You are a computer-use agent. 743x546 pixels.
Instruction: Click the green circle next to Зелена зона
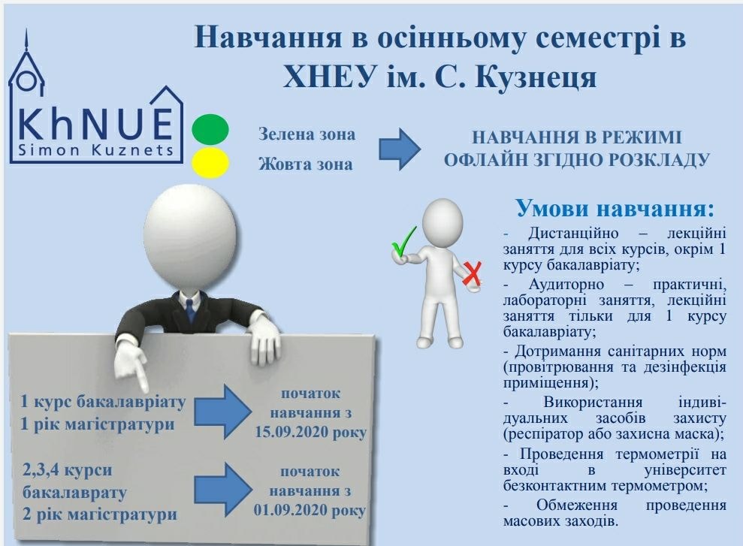click(x=210, y=129)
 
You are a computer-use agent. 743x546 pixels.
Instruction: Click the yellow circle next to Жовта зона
click(x=210, y=162)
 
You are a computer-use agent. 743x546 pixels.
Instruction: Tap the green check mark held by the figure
click(x=403, y=242)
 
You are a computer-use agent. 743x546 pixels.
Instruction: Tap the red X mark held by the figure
click(x=472, y=274)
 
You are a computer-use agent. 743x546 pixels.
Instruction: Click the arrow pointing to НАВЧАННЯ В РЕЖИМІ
click(x=399, y=149)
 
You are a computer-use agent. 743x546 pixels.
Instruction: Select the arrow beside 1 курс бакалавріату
click(x=222, y=411)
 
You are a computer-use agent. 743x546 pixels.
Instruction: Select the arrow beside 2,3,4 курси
click(x=222, y=489)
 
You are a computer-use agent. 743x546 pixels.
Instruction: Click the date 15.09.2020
click(x=291, y=433)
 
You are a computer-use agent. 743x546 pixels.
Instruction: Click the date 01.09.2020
click(x=290, y=511)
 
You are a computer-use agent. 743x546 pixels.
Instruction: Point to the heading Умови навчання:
click(x=615, y=208)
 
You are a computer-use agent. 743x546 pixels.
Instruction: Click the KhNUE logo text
click(x=95, y=125)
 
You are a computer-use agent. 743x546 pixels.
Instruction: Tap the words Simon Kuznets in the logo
click(x=95, y=150)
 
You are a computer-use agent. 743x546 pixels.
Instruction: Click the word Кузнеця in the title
click(x=536, y=77)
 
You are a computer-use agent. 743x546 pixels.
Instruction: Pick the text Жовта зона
click(x=306, y=164)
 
